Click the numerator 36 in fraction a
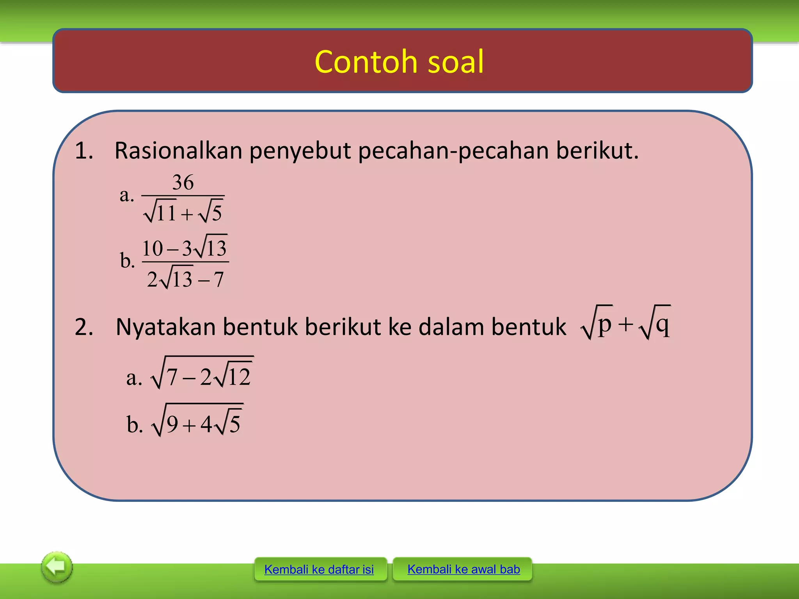pos(183,182)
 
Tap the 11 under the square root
pos(166,213)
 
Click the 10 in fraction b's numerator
pos(152,248)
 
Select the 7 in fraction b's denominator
pos(218,280)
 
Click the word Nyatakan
pos(165,326)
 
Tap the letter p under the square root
pos(604,323)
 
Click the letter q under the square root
pos(663,323)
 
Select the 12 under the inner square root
pos(239,377)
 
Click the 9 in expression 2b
pos(172,424)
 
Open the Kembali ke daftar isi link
pos(319,569)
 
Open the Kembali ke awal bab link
pos(463,569)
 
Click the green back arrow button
pos(57,567)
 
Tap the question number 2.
pos(84,326)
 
